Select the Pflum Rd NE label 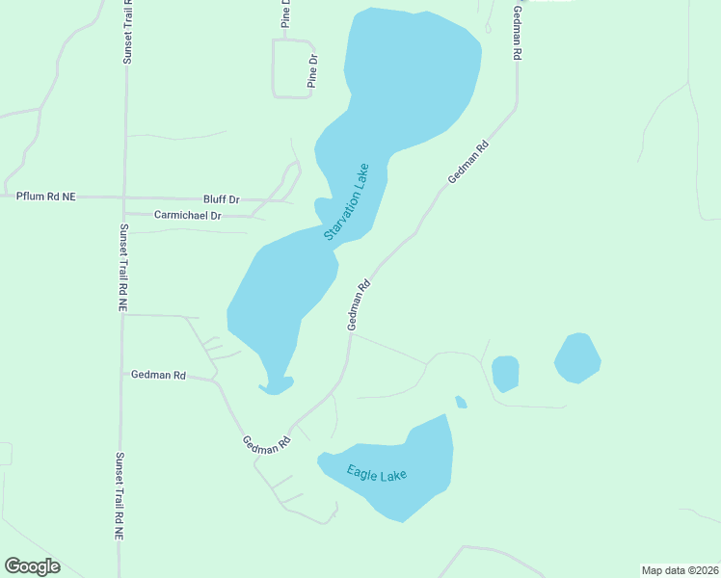click(45, 197)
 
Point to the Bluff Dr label click(221, 199)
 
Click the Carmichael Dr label click(187, 216)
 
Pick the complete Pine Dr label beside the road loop click(311, 71)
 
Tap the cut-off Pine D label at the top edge click(285, 13)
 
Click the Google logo click(32, 565)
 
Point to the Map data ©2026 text click(680, 569)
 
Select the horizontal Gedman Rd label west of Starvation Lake click(158, 374)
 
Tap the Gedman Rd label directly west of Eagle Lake click(267, 444)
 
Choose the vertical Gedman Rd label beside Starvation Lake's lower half click(359, 305)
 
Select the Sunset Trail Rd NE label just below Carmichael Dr click(122, 267)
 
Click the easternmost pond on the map click(577, 357)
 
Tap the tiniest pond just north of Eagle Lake click(461, 402)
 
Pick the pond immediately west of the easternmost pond click(505, 373)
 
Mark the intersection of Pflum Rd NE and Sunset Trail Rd click(123, 197)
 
